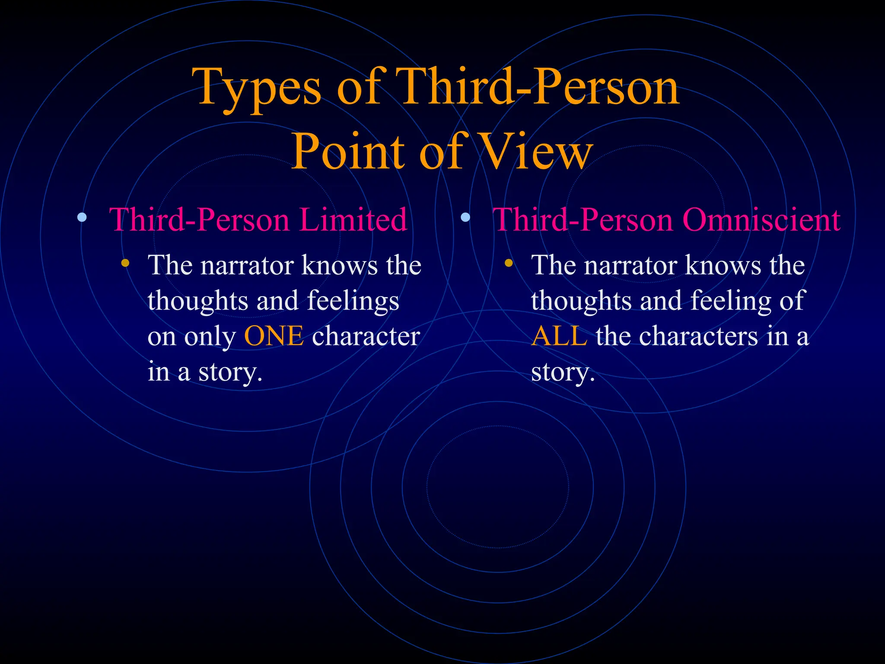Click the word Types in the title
click(x=257, y=89)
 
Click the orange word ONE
click(x=274, y=336)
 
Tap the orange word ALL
click(x=559, y=336)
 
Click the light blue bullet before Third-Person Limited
click(x=81, y=217)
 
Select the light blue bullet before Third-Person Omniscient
click(x=465, y=217)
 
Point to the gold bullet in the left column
click(x=125, y=263)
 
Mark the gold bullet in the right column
click(x=509, y=263)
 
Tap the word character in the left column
click(x=366, y=336)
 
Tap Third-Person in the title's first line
click(x=536, y=89)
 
